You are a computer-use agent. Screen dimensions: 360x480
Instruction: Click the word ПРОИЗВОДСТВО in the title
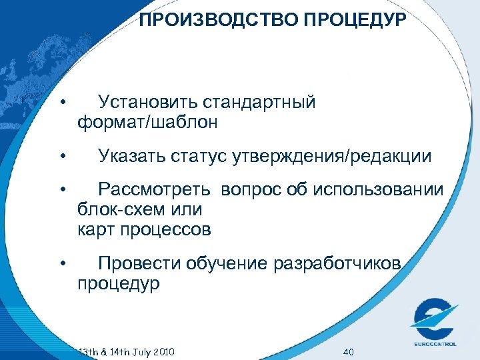coord(219,20)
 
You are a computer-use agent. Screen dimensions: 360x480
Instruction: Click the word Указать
coord(131,157)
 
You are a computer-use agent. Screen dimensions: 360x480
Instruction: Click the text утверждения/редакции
coord(332,157)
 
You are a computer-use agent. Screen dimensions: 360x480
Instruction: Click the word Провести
coord(137,264)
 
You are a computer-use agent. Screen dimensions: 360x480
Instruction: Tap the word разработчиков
coord(337,264)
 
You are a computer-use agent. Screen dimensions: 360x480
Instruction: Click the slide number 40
coord(348,351)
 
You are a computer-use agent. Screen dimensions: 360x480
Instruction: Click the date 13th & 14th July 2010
coord(127,351)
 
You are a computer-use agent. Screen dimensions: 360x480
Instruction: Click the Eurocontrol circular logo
coord(434,319)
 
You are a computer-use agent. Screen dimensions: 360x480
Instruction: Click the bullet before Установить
coord(61,103)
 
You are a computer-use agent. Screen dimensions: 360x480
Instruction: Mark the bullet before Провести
coord(61,264)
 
